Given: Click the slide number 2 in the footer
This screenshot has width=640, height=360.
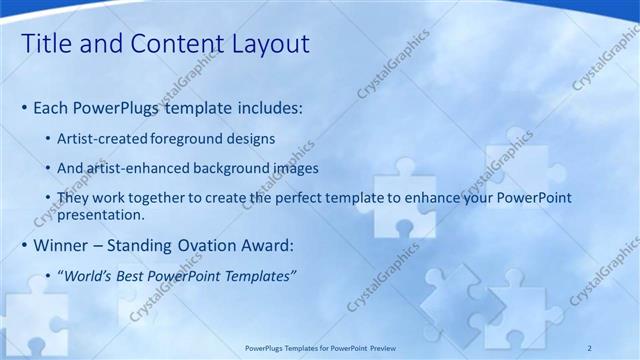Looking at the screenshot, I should click(589, 348).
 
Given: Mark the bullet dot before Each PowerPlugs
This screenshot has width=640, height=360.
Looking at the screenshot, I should click(24, 107).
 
